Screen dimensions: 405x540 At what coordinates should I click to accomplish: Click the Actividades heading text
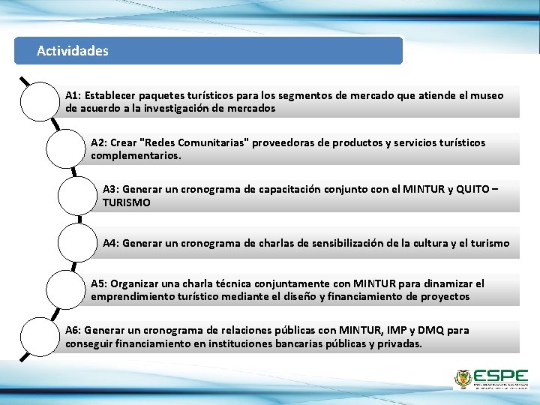(x=73, y=51)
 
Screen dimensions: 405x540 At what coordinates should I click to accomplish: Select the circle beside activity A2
(x=65, y=148)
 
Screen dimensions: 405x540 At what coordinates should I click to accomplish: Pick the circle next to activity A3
(x=77, y=196)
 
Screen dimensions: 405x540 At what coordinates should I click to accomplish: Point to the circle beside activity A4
(x=77, y=243)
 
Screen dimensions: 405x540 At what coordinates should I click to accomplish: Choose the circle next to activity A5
(x=65, y=289)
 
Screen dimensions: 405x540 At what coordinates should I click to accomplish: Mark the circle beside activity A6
(x=40, y=337)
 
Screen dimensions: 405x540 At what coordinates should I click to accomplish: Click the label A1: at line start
(x=73, y=96)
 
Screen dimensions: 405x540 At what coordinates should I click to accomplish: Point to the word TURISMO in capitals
(x=127, y=202)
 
